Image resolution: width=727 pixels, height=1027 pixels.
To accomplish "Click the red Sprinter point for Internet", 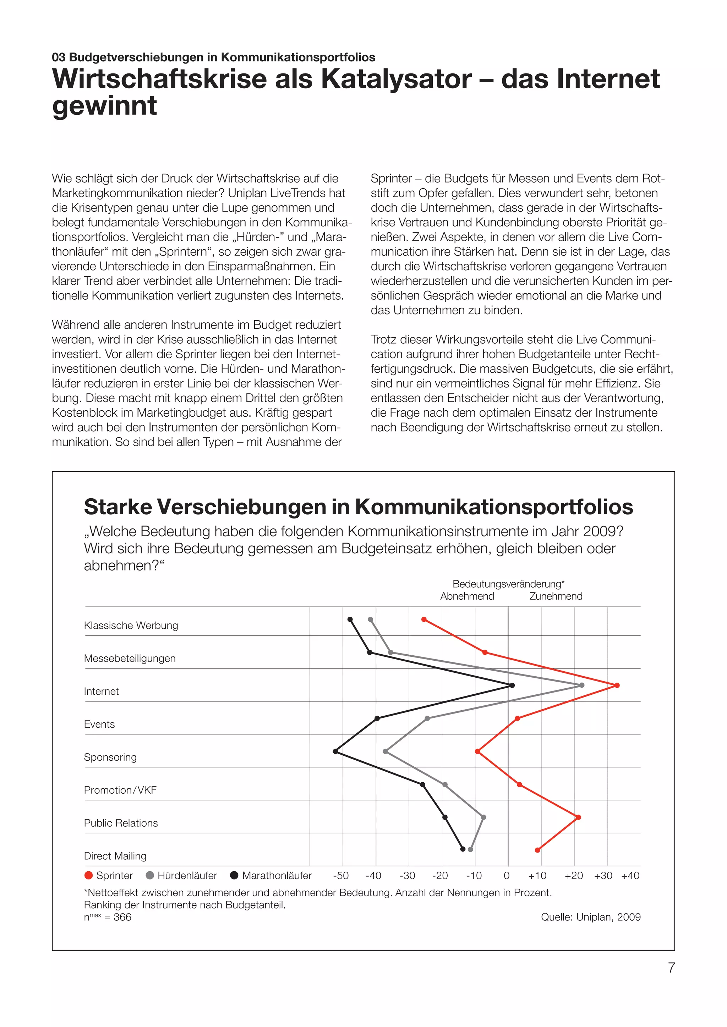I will coord(617,685).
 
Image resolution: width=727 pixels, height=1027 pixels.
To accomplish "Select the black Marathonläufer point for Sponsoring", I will coord(336,751).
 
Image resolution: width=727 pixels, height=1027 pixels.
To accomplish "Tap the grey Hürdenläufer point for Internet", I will coord(581,685).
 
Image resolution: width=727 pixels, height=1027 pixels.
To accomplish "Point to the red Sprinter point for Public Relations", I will coord(578,817).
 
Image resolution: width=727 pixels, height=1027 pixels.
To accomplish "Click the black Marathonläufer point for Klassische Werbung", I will coord(350,620).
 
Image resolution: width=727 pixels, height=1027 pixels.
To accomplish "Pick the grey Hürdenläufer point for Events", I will coord(427,718).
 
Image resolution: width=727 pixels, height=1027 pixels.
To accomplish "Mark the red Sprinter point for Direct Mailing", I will coord(538,850).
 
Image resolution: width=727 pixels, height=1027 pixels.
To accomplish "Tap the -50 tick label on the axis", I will coord(341,875).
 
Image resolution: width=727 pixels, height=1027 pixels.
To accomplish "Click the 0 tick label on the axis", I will coord(507,875).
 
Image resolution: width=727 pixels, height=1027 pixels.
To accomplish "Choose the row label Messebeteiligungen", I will coord(130,659).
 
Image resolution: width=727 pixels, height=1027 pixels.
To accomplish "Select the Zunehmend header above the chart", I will coord(556,596).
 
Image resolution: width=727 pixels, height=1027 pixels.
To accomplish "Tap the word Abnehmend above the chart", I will coord(467,596).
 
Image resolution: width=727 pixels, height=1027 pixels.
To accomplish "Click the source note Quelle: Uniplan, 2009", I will coord(590,917).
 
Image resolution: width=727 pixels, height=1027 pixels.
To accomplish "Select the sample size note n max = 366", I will coord(108,917).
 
